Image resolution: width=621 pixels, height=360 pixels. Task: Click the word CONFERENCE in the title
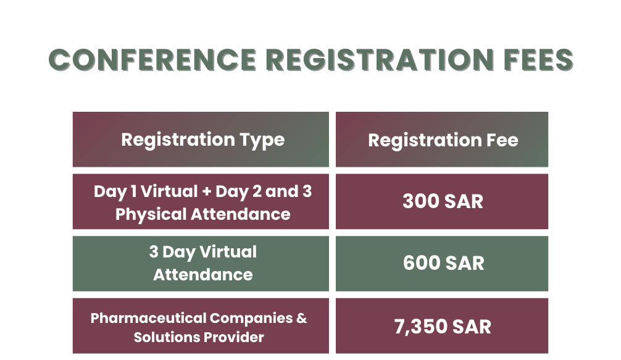point(153,60)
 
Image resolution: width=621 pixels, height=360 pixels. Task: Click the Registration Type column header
point(201,140)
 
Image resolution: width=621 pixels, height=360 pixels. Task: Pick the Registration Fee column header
point(442,140)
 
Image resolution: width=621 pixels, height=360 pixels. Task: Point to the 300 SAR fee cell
point(442,201)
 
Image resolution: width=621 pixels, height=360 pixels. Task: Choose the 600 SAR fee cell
point(442,264)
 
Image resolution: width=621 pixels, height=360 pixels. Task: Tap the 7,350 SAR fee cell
point(442,325)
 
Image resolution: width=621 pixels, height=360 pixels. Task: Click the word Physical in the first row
point(151,215)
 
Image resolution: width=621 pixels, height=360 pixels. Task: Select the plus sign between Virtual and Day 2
point(206,191)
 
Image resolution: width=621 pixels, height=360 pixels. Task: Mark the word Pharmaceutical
point(149,318)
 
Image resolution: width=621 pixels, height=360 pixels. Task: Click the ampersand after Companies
point(301,318)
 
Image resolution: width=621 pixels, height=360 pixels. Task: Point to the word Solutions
point(166,337)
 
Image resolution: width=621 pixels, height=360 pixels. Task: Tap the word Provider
point(233,337)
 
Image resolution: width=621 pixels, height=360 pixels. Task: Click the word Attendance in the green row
point(202,275)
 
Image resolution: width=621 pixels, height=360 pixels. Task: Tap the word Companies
point(251,319)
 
